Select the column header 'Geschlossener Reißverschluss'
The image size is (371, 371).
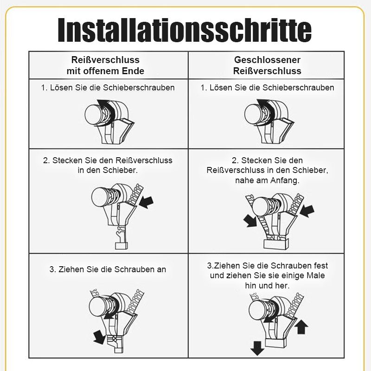pyautogui.click(x=267, y=65)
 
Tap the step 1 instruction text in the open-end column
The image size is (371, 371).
pyautogui.click(x=108, y=87)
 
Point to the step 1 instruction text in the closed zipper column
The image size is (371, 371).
pyautogui.click(x=267, y=87)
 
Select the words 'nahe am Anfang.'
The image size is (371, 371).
pyautogui.click(x=267, y=180)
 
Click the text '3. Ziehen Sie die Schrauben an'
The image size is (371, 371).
pyautogui.click(x=108, y=269)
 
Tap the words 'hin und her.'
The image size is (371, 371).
pyautogui.click(x=267, y=286)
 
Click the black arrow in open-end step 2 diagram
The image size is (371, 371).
pyautogui.click(x=147, y=201)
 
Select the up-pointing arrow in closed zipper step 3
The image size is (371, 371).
pyautogui.click(x=301, y=327)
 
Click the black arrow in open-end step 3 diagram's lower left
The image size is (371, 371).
pyautogui.click(x=98, y=337)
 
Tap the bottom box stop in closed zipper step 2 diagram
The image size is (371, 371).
pyautogui.click(x=275, y=243)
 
